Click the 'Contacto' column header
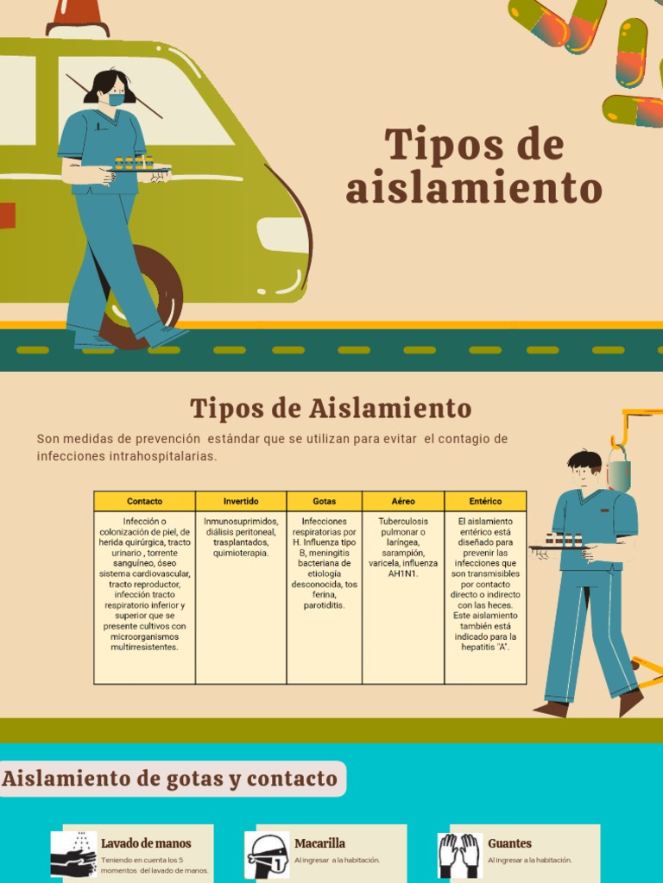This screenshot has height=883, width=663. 144,501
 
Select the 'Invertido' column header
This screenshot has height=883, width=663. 241,501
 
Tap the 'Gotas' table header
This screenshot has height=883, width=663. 325,501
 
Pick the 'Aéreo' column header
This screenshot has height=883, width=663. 403,501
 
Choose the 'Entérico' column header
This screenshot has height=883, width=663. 485,501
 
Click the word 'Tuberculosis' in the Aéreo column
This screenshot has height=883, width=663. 403,522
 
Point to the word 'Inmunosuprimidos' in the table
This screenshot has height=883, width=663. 241,522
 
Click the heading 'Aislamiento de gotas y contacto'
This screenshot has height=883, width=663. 170,779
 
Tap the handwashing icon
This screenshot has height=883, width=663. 73,854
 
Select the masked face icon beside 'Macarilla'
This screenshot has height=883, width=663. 267,855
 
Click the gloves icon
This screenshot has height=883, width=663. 459,855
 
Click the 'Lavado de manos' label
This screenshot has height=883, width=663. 146,843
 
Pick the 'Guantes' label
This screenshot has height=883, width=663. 509,843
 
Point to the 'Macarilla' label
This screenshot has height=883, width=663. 319,843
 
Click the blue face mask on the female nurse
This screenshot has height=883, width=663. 116,100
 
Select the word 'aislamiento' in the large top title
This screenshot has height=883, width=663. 473,189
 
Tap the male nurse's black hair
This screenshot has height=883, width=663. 584,460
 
